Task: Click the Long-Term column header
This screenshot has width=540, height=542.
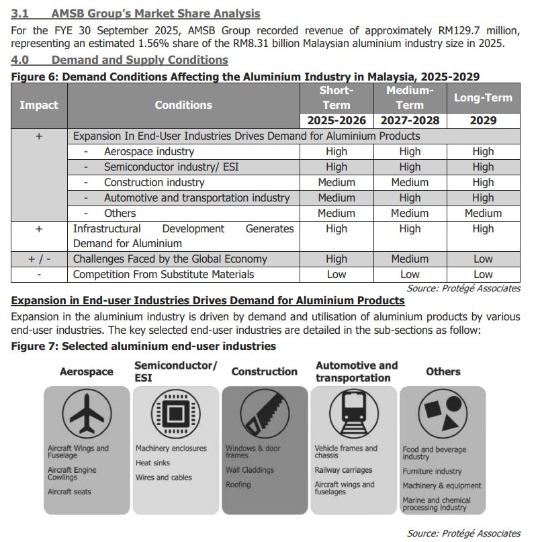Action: (x=483, y=98)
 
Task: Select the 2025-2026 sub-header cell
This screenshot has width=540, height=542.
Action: (x=336, y=121)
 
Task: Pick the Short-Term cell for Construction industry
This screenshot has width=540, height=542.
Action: (x=336, y=183)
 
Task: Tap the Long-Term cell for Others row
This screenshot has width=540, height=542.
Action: (x=483, y=214)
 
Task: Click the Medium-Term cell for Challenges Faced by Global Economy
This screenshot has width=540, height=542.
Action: (x=410, y=259)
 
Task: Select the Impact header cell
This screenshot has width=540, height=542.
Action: (x=39, y=105)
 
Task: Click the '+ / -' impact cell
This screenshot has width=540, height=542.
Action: (x=39, y=259)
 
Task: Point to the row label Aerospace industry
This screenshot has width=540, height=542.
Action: (x=148, y=152)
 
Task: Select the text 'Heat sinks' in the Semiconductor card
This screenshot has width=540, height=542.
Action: (x=153, y=463)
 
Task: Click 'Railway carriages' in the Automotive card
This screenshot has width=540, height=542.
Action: (x=343, y=470)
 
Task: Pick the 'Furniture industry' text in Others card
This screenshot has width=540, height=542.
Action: (x=432, y=471)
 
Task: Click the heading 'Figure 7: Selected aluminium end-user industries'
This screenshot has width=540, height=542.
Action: (x=144, y=347)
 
